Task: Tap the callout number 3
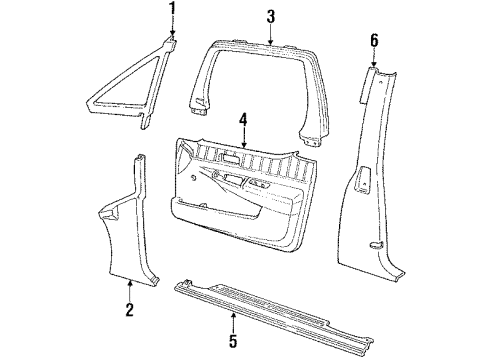point(270,15)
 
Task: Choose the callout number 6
point(375,40)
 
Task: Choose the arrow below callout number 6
point(375,60)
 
